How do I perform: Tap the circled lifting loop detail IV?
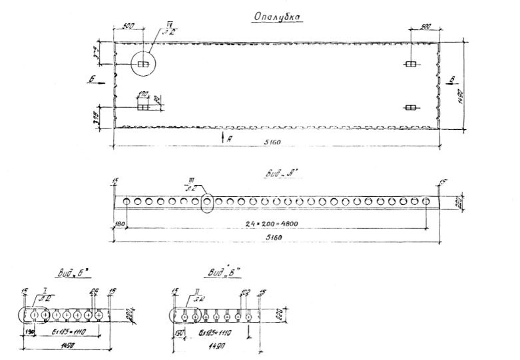[143, 64]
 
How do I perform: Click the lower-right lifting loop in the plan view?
[411, 108]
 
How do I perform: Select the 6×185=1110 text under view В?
[214, 333]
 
